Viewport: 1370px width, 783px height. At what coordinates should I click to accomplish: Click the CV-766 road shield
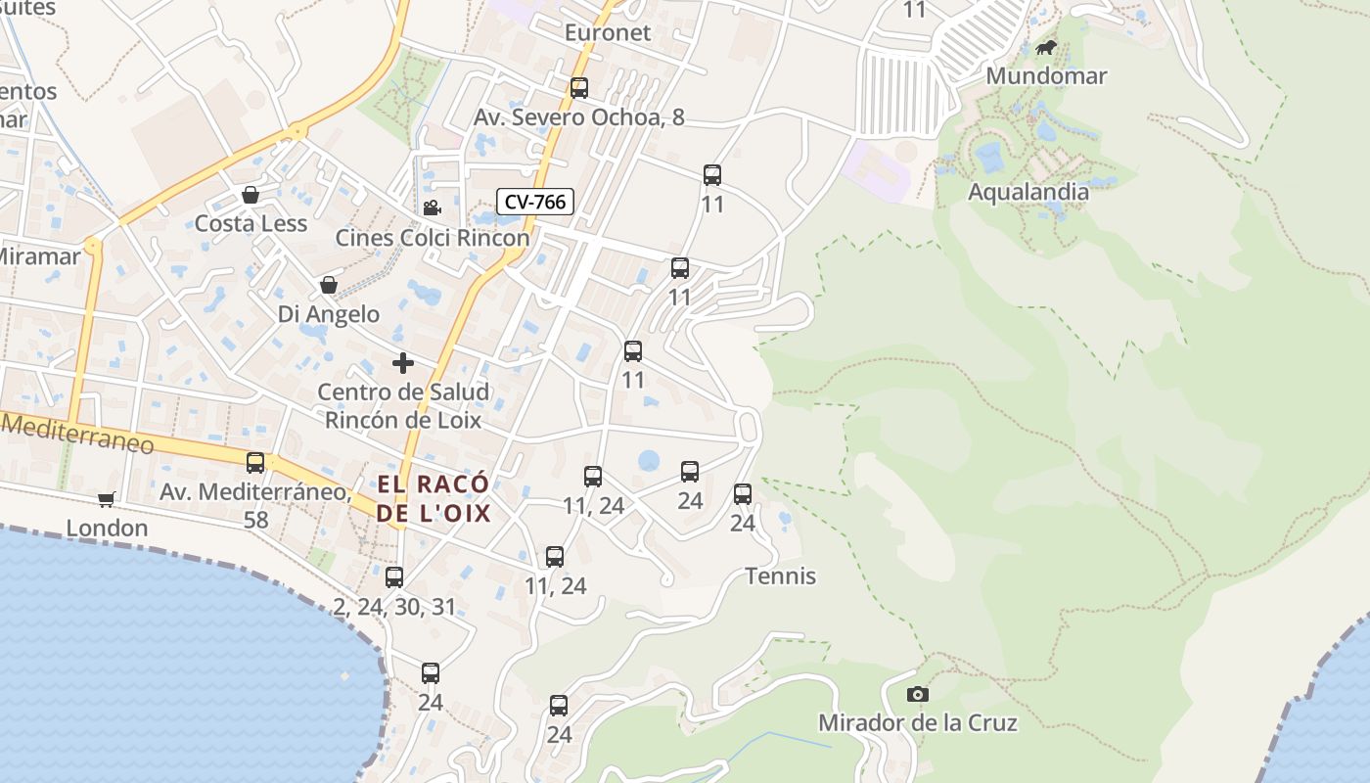pyautogui.click(x=534, y=203)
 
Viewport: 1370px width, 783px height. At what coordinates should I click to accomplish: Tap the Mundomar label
pyautogui.click(x=1046, y=75)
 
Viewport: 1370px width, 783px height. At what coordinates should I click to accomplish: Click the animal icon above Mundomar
pyautogui.click(x=1046, y=47)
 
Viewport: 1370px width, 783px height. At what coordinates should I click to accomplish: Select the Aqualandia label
pyautogui.click(x=1027, y=192)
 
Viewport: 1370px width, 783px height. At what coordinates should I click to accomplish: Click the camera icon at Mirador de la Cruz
pyautogui.click(x=917, y=694)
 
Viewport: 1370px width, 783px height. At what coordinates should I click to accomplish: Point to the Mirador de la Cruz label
pyautogui.click(x=917, y=723)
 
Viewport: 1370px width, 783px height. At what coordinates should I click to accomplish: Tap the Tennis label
pyautogui.click(x=780, y=576)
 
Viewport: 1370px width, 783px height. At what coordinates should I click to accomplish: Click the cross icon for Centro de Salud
pyautogui.click(x=402, y=363)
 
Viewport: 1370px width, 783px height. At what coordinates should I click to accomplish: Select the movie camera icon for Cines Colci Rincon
pyautogui.click(x=432, y=207)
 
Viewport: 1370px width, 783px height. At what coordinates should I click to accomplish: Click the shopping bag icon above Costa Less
pyautogui.click(x=251, y=195)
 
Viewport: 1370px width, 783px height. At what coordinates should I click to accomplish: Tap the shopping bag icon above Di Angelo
pyautogui.click(x=329, y=285)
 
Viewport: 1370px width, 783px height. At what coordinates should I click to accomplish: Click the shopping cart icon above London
pyautogui.click(x=107, y=499)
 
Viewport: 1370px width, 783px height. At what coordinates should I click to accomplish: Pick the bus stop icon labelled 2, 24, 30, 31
pyautogui.click(x=394, y=577)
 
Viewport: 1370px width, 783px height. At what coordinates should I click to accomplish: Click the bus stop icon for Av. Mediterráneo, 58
pyautogui.click(x=255, y=463)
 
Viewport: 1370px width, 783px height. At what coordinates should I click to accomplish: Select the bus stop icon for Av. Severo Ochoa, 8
pyautogui.click(x=579, y=88)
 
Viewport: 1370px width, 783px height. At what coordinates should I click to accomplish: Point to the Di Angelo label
pyautogui.click(x=329, y=314)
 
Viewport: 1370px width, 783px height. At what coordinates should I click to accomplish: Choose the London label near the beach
pyautogui.click(x=107, y=529)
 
